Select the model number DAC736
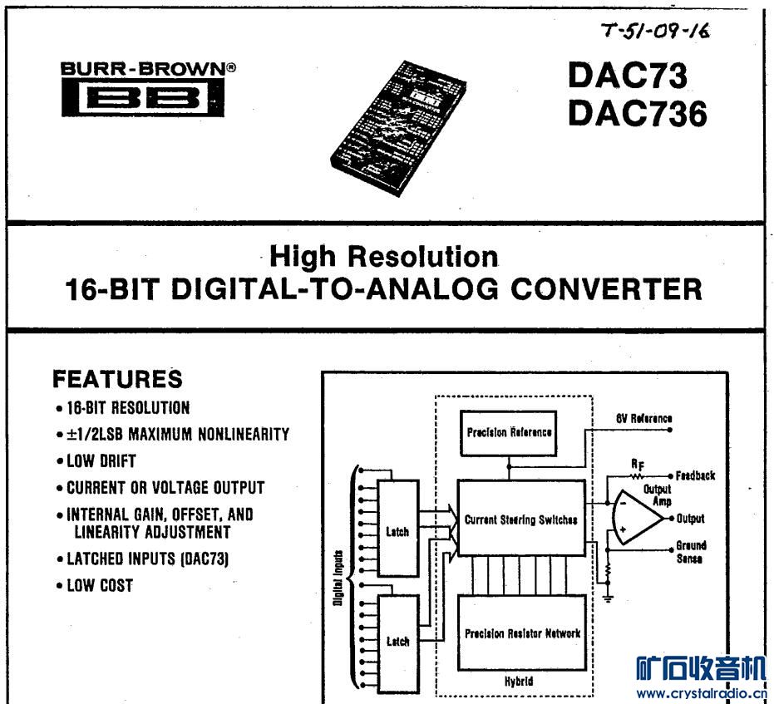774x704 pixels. [x=638, y=115]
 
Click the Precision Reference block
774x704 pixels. [x=509, y=433]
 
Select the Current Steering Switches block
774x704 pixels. [x=520, y=520]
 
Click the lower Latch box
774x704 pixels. [x=397, y=642]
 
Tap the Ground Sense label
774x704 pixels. [x=691, y=553]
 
